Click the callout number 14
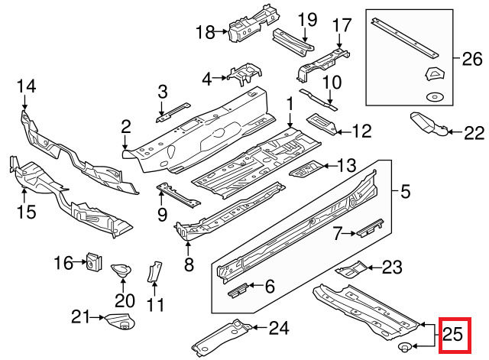point(27,87)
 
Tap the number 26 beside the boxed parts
point(473,58)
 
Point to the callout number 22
point(474,134)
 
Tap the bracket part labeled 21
point(118,322)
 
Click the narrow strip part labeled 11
point(155,273)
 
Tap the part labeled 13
point(306,167)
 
